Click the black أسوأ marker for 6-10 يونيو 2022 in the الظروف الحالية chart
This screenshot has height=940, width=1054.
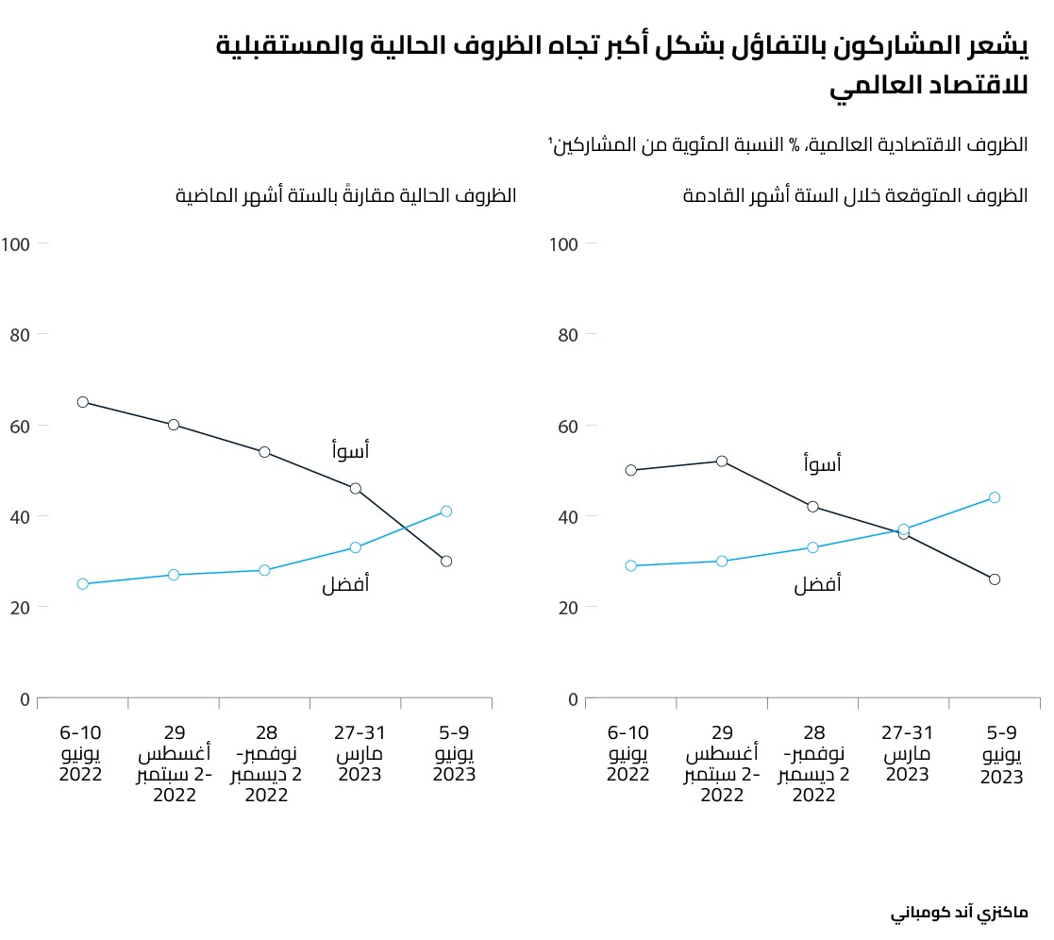(83, 402)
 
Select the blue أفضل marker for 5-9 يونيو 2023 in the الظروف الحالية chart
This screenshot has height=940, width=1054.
(446, 512)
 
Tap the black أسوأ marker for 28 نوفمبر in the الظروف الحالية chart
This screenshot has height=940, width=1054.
(264, 452)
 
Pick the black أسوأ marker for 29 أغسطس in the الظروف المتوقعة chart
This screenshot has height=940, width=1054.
(722, 462)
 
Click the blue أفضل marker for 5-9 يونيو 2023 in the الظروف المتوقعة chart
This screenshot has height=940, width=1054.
(995, 497)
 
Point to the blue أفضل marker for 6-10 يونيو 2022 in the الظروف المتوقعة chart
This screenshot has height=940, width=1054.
(631, 565)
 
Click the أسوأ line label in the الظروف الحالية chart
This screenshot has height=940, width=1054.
(350, 451)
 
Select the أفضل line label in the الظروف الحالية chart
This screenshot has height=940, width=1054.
(345, 585)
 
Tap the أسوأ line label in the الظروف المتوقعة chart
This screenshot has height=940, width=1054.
(822, 463)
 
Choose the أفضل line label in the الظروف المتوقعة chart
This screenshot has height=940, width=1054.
(817, 585)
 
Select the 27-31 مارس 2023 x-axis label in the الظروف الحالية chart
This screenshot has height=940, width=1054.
(355, 753)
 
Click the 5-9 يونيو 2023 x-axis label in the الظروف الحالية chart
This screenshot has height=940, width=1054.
(454, 753)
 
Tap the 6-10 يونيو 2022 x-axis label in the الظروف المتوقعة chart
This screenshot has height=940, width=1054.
(628, 753)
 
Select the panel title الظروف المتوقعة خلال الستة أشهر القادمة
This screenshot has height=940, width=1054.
(855, 196)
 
